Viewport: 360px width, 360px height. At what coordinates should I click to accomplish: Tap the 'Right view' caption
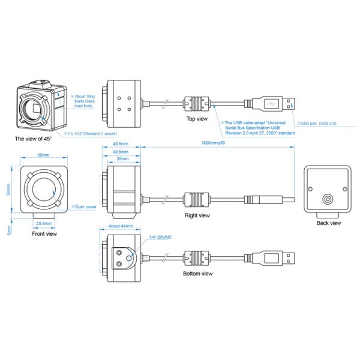pyautogui.click(x=197, y=214)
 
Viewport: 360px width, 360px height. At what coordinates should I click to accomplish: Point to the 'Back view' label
pyautogui.click(x=328, y=223)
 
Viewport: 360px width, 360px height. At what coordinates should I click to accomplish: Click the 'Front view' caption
pyautogui.click(x=44, y=234)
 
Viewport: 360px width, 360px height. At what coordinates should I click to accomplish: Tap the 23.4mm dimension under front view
pyautogui.click(x=44, y=223)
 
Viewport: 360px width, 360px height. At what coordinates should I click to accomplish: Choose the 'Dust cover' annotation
pyautogui.click(x=83, y=206)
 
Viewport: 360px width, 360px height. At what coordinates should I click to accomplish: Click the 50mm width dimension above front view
pyautogui.click(x=43, y=155)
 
